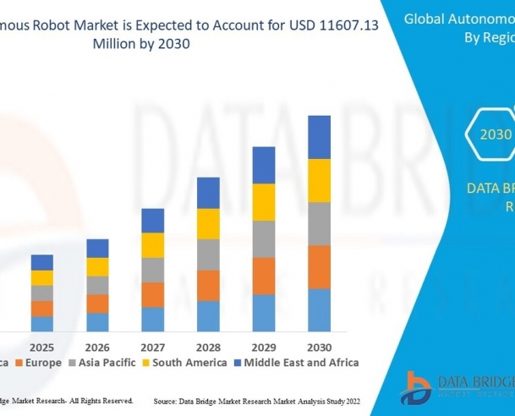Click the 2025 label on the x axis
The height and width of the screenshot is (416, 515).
(42, 348)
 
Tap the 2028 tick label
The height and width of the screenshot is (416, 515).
(208, 348)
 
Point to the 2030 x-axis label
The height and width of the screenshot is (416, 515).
(319, 348)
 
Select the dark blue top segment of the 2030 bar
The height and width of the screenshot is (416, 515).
(319, 137)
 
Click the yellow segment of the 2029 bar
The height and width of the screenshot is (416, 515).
(264, 202)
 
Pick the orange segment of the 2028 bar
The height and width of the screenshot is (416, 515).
(208, 285)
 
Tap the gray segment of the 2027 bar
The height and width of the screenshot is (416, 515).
(153, 270)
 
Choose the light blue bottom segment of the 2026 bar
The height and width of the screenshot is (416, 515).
(98, 322)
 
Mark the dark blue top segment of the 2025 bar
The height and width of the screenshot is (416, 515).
(42, 262)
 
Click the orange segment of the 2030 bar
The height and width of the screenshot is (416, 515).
(319, 267)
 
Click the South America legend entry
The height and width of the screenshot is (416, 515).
(188, 363)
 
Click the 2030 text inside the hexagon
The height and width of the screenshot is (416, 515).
(496, 134)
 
